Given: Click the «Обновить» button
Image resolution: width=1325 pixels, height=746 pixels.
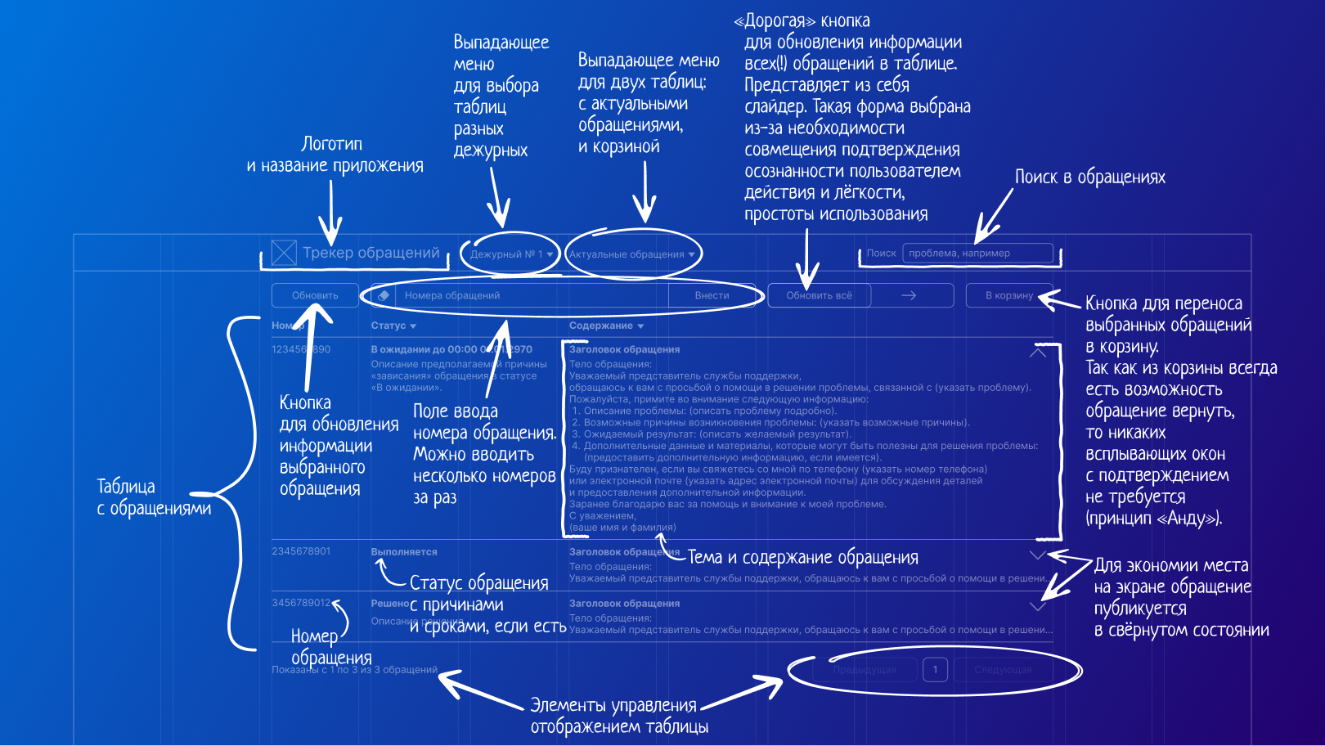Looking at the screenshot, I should pyautogui.click(x=315, y=295).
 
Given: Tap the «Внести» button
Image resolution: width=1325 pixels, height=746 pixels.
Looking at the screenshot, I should pyautogui.click(x=712, y=295).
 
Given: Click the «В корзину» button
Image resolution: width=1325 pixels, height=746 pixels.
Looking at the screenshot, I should pyautogui.click(x=1009, y=295).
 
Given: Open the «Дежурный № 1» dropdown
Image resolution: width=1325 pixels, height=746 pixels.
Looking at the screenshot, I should pyautogui.click(x=511, y=254).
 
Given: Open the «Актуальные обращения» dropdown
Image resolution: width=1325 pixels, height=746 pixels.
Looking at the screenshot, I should pyautogui.click(x=631, y=254).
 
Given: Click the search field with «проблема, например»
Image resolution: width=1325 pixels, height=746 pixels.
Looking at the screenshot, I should pyautogui.click(x=977, y=254).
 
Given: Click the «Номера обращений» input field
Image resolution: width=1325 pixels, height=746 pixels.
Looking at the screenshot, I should pyautogui.click(x=532, y=295).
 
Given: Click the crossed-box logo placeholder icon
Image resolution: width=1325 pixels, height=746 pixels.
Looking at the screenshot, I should pyautogui.click(x=284, y=253).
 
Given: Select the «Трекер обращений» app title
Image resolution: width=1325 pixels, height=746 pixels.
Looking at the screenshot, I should pyautogui.click(x=371, y=253).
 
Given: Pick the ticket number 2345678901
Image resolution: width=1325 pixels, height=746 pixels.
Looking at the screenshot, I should pyautogui.click(x=301, y=551).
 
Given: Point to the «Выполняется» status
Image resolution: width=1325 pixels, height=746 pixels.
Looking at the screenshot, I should pyautogui.click(x=404, y=552).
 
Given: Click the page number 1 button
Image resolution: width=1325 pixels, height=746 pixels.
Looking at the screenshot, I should pyautogui.click(x=935, y=670).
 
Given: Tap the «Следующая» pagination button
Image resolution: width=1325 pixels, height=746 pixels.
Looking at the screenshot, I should pyautogui.click(x=1003, y=670).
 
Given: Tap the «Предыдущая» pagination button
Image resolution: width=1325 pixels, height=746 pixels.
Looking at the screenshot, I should pyautogui.click(x=865, y=670).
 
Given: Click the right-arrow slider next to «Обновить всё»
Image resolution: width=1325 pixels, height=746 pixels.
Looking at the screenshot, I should pyautogui.click(x=909, y=295).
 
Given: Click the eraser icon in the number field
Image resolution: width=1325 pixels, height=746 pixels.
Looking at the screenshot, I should pyautogui.click(x=384, y=295).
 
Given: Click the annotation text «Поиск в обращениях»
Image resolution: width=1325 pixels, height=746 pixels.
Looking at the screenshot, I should pyautogui.click(x=1089, y=177).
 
